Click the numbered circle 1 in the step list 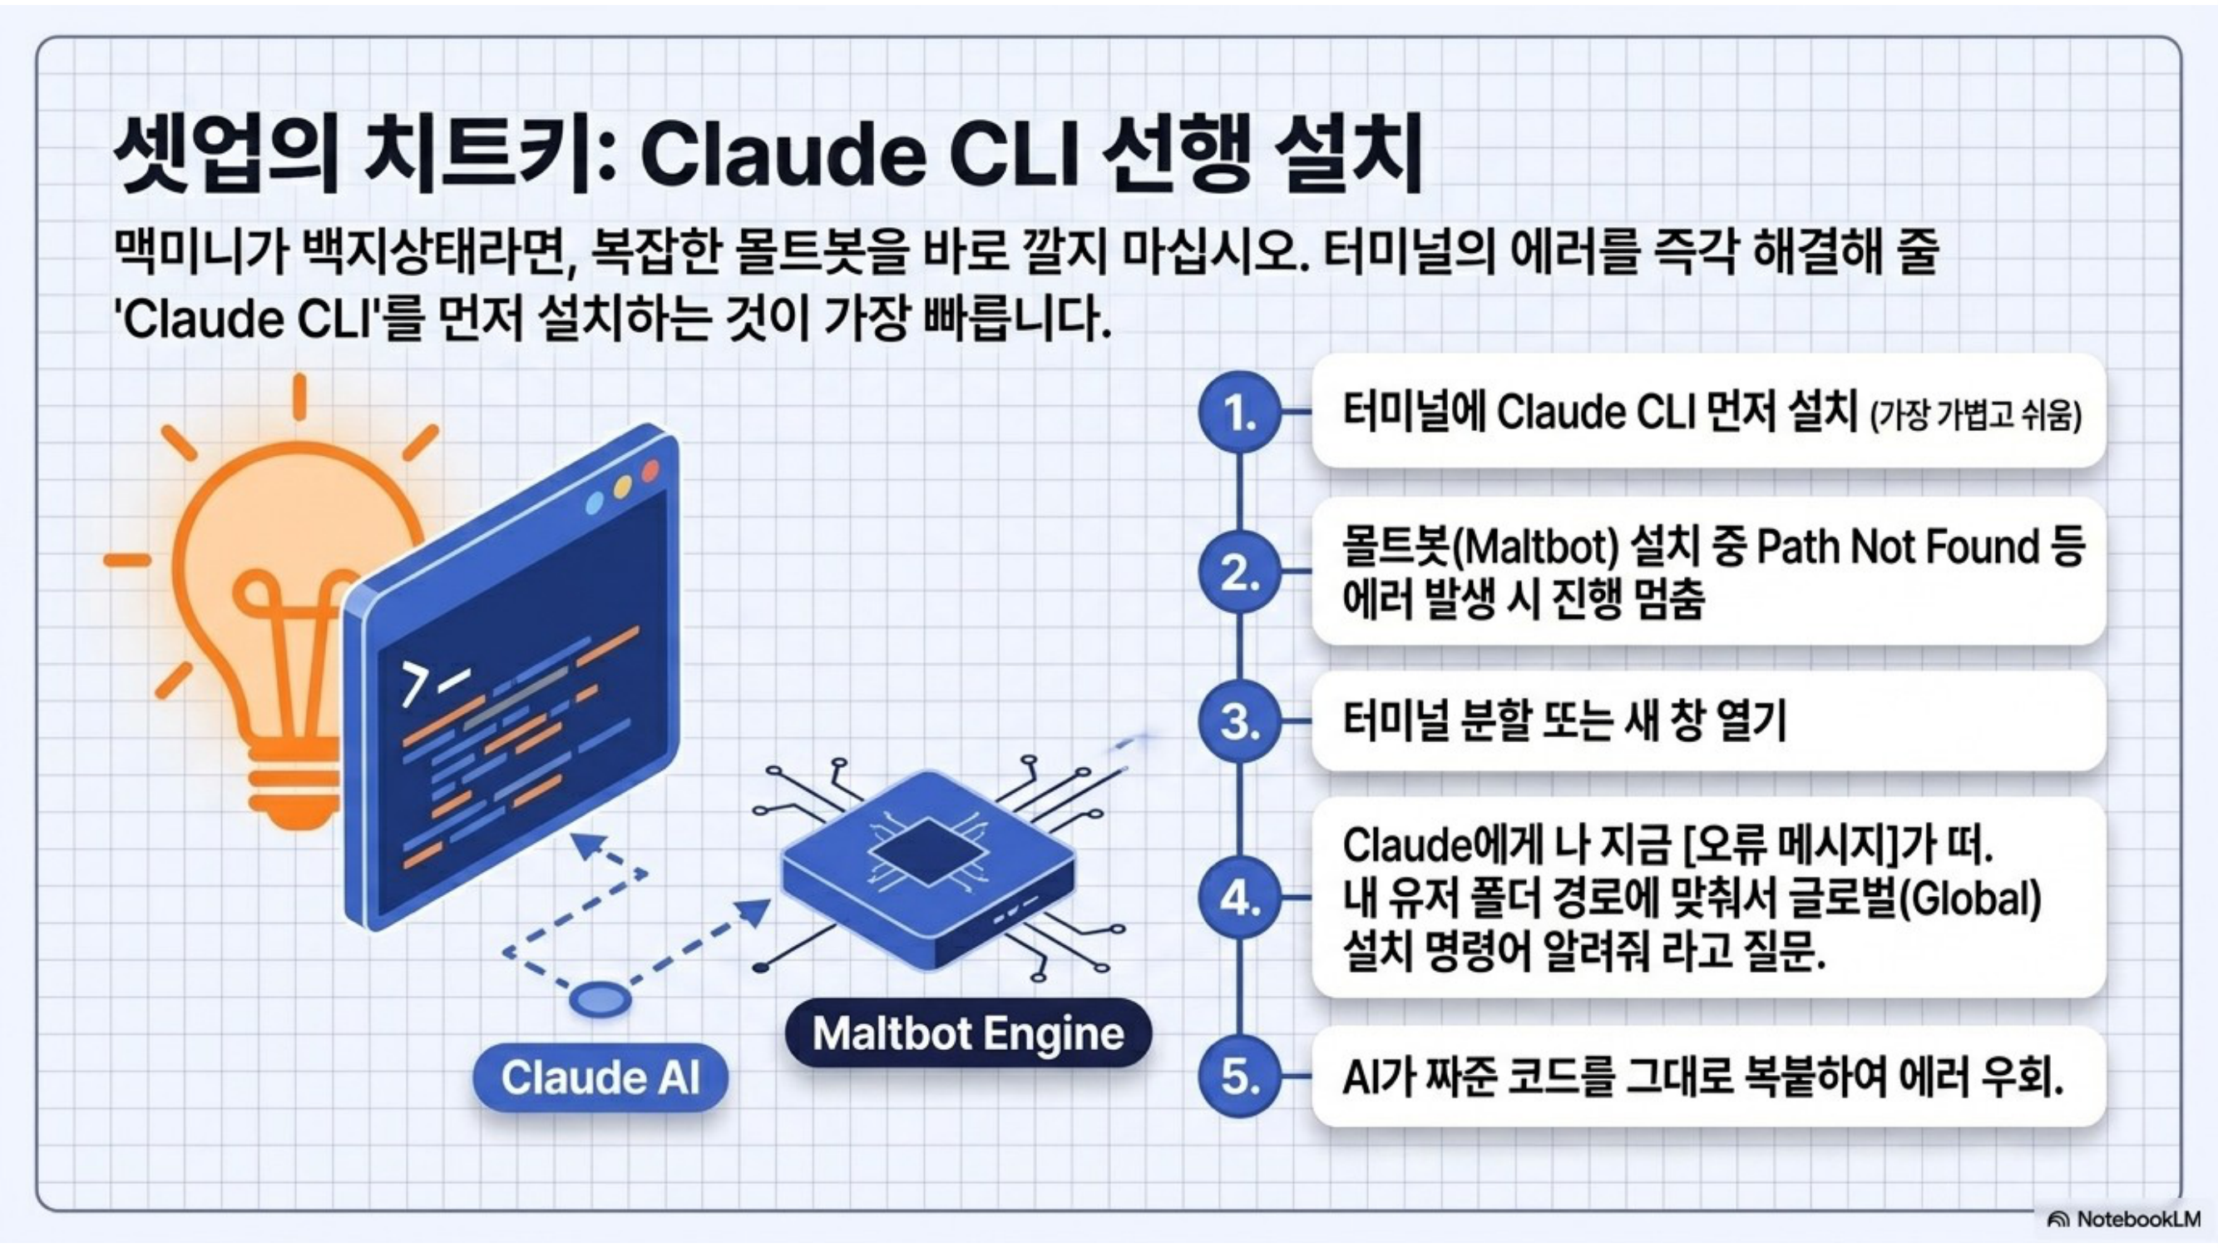(x=1240, y=414)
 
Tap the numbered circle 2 (x=1240, y=572)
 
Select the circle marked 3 (x=1240, y=721)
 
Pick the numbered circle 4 (x=1240, y=899)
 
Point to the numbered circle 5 (x=1240, y=1076)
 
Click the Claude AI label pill (x=601, y=1077)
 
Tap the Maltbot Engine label (x=969, y=1033)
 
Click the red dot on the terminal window (x=651, y=470)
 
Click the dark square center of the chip (x=928, y=853)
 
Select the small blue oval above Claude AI (x=600, y=1001)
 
